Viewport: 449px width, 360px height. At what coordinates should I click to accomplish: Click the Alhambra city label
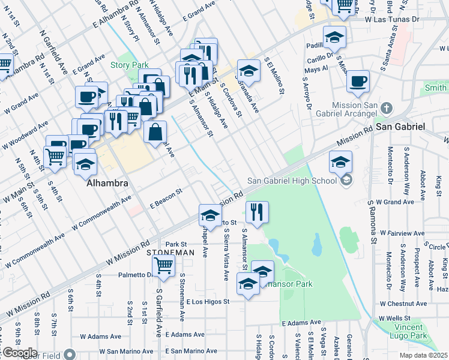coord(106,182)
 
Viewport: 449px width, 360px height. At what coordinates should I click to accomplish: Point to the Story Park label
coord(124,65)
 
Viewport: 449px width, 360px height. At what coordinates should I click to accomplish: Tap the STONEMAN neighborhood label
coord(170,253)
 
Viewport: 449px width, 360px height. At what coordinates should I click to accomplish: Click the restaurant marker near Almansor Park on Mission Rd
coord(256,212)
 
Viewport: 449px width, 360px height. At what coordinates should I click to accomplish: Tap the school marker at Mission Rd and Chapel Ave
coord(211,215)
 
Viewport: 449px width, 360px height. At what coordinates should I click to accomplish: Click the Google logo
coord(19,353)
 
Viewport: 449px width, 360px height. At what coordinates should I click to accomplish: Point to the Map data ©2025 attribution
coord(424,355)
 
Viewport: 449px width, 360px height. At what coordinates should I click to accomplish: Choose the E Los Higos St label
coord(208,301)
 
